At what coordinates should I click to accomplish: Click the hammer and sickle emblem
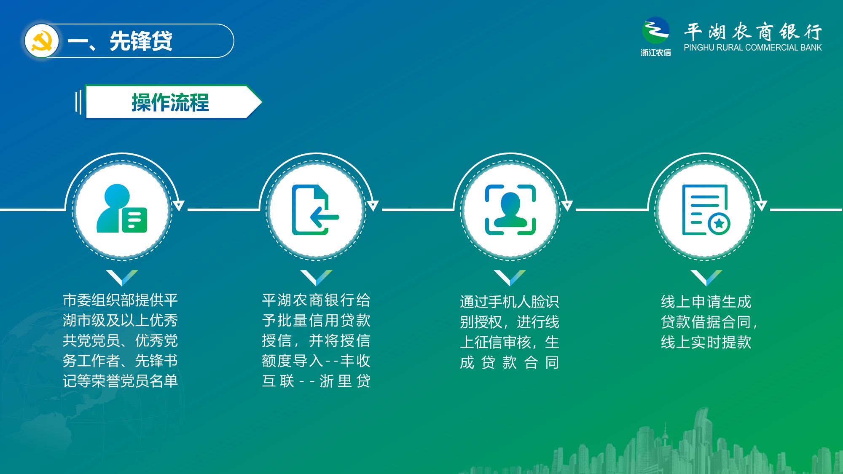point(41,41)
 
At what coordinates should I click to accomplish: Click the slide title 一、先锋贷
point(120,41)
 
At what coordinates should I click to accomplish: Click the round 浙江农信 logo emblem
point(655,30)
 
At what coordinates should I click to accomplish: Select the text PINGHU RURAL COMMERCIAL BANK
point(752,48)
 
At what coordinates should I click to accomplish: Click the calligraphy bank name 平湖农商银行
point(753,32)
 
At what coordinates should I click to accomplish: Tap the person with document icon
point(122,209)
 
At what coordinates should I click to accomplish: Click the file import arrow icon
point(315,209)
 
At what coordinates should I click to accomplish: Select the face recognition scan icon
point(510,209)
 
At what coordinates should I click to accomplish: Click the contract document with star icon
point(706,209)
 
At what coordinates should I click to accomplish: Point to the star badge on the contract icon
point(719,223)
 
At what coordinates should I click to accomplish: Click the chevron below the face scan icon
point(510,278)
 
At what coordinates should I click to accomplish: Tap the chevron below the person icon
point(122,278)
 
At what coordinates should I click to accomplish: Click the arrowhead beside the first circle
point(179,206)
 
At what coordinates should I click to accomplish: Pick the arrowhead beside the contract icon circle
point(761,206)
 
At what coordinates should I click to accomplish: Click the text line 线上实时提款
point(706,342)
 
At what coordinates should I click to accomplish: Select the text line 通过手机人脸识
point(510,302)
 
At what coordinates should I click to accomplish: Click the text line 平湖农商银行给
point(316,300)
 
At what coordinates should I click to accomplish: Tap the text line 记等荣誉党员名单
point(120,381)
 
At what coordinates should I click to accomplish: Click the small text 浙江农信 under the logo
point(656,53)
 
